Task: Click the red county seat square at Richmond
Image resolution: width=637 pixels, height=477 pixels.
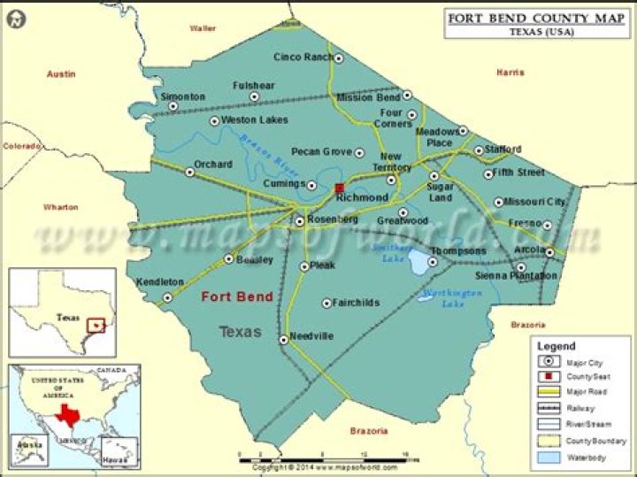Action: tap(340, 188)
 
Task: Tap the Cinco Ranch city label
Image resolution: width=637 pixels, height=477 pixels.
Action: tap(303, 58)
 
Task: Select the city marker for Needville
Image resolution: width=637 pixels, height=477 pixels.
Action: tap(283, 338)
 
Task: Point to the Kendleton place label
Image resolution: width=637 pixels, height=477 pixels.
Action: tap(160, 282)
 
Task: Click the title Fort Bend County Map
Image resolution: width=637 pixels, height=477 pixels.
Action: tap(532, 17)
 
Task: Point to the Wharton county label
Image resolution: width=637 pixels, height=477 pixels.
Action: tap(61, 206)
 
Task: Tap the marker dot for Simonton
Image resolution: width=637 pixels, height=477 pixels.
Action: tap(173, 106)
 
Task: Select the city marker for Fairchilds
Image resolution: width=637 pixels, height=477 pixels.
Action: tap(326, 303)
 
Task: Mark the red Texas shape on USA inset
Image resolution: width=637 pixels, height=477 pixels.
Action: tap(65, 414)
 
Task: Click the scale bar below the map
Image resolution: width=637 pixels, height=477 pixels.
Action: tap(327, 457)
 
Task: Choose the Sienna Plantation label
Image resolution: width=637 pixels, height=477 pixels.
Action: tap(517, 276)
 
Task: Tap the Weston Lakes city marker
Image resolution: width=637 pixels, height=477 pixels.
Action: tap(214, 121)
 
